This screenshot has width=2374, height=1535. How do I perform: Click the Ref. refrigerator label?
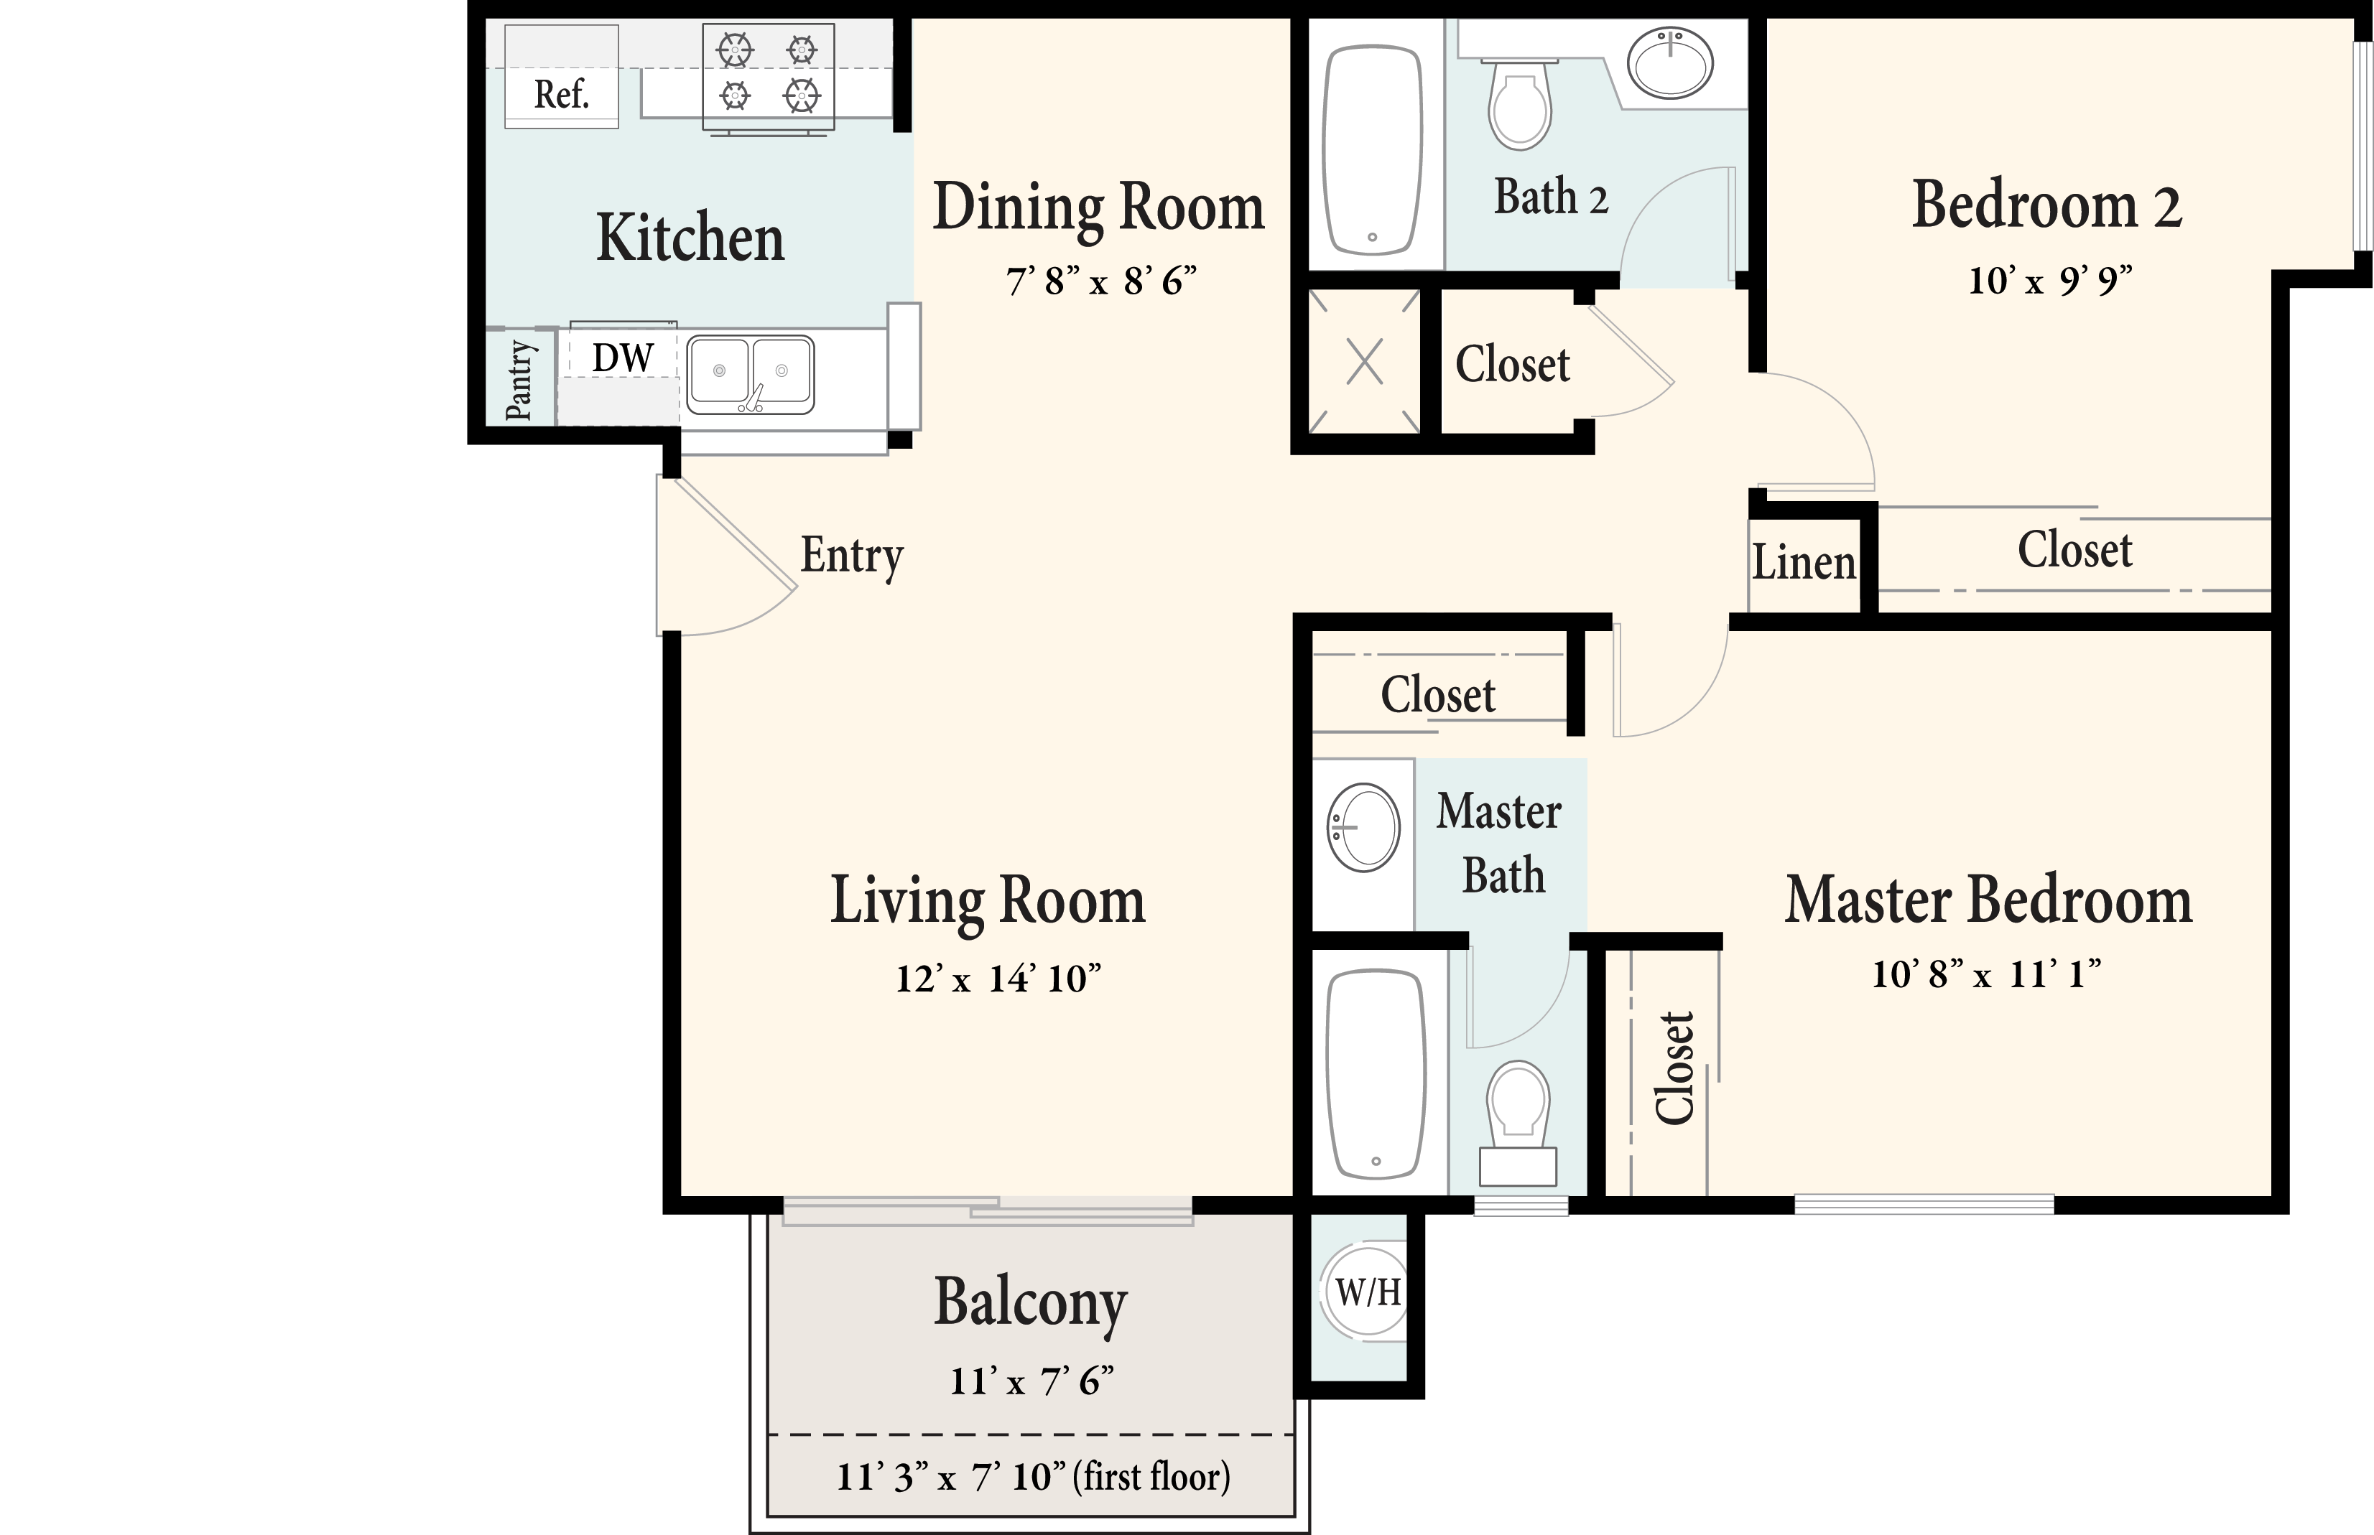(561, 95)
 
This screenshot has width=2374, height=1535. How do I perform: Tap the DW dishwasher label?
(622, 357)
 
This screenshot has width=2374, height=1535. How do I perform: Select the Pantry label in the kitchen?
(519, 380)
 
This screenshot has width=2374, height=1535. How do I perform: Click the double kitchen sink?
(750, 375)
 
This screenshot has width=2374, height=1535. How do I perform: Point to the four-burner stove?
(769, 78)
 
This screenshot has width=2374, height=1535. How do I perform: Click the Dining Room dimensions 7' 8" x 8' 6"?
(1100, 281)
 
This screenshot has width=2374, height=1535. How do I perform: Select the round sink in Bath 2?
(1670, 62)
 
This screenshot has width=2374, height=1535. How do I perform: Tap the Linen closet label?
(1804, 562)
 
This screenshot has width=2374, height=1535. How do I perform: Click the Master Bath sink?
(1363, 827)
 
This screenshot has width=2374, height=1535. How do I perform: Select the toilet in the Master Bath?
(1518, 1122)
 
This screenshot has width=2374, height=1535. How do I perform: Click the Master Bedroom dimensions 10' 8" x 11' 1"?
(1987, 974)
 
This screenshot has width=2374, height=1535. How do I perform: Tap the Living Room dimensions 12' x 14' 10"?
(998, 979)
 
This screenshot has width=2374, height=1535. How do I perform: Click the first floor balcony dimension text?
(1033, 1476)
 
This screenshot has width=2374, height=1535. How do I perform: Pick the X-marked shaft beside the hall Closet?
(1364, 361)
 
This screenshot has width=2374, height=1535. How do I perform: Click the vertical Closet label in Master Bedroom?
(1674, 1068)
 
